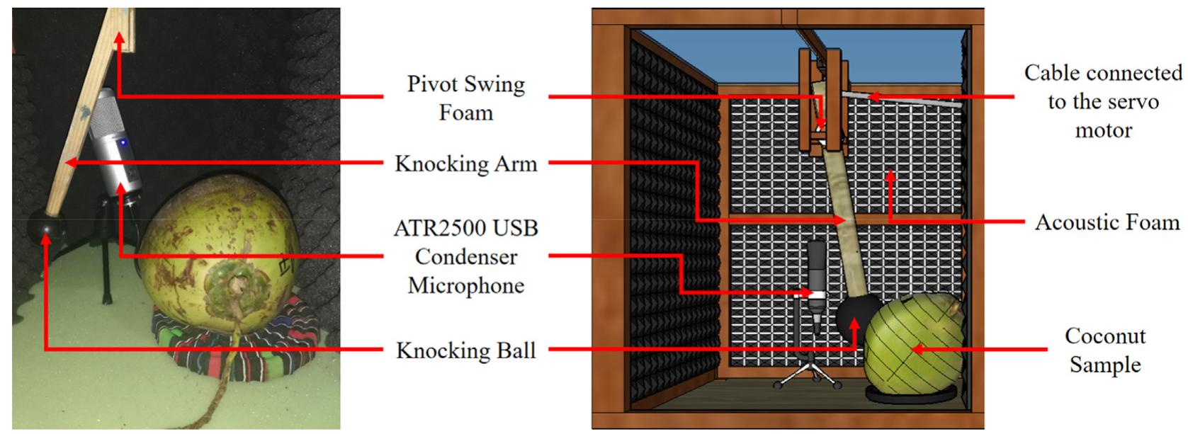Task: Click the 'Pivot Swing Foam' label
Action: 465,98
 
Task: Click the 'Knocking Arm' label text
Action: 465,164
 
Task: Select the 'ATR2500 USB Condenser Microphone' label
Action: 465,256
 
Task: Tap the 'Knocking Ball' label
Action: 465,350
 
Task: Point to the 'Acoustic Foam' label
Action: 1107,222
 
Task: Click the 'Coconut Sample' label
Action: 1104,350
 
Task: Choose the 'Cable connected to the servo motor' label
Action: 1103,101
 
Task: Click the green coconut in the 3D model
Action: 914,347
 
